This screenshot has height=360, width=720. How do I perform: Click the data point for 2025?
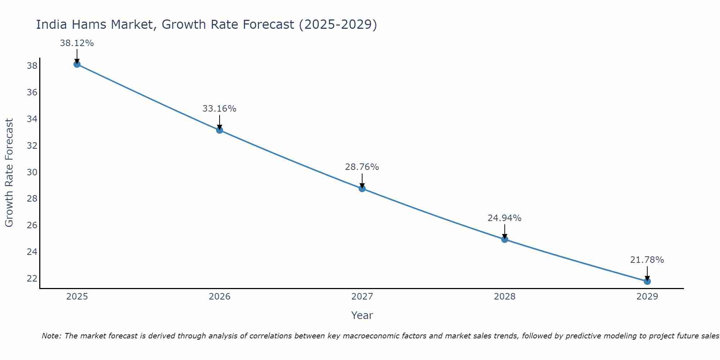tap(77, 64)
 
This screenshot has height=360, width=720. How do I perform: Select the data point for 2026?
tap(220, 130)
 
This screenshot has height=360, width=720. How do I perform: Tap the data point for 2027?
tap(362, 189)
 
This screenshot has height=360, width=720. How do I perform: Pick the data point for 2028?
tap(505, 239)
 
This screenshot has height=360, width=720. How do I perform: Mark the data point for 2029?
tap(647, 281)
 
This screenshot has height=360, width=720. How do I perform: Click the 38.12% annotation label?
tap(77, 43)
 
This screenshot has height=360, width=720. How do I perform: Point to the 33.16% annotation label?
tap(219, 109)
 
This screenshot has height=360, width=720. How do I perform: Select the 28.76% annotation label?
tap(362, 167)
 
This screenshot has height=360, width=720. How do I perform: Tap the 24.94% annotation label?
tap(504, 218)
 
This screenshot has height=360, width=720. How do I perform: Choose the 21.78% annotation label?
tap(647, 260)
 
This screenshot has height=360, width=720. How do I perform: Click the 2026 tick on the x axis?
tap(220, 297)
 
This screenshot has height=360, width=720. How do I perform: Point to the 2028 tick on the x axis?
tap(505, 297)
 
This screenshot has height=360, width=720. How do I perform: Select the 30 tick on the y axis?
tap(32, 172)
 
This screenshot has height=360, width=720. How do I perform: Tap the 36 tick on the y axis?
tap(32, 93)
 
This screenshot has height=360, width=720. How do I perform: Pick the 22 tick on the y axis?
tap(32, 278)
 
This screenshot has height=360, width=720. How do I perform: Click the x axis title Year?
tap(362, 315)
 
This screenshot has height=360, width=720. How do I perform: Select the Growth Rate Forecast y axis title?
tap(9, 173)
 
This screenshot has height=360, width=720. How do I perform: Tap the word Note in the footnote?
tap(51, 336)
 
